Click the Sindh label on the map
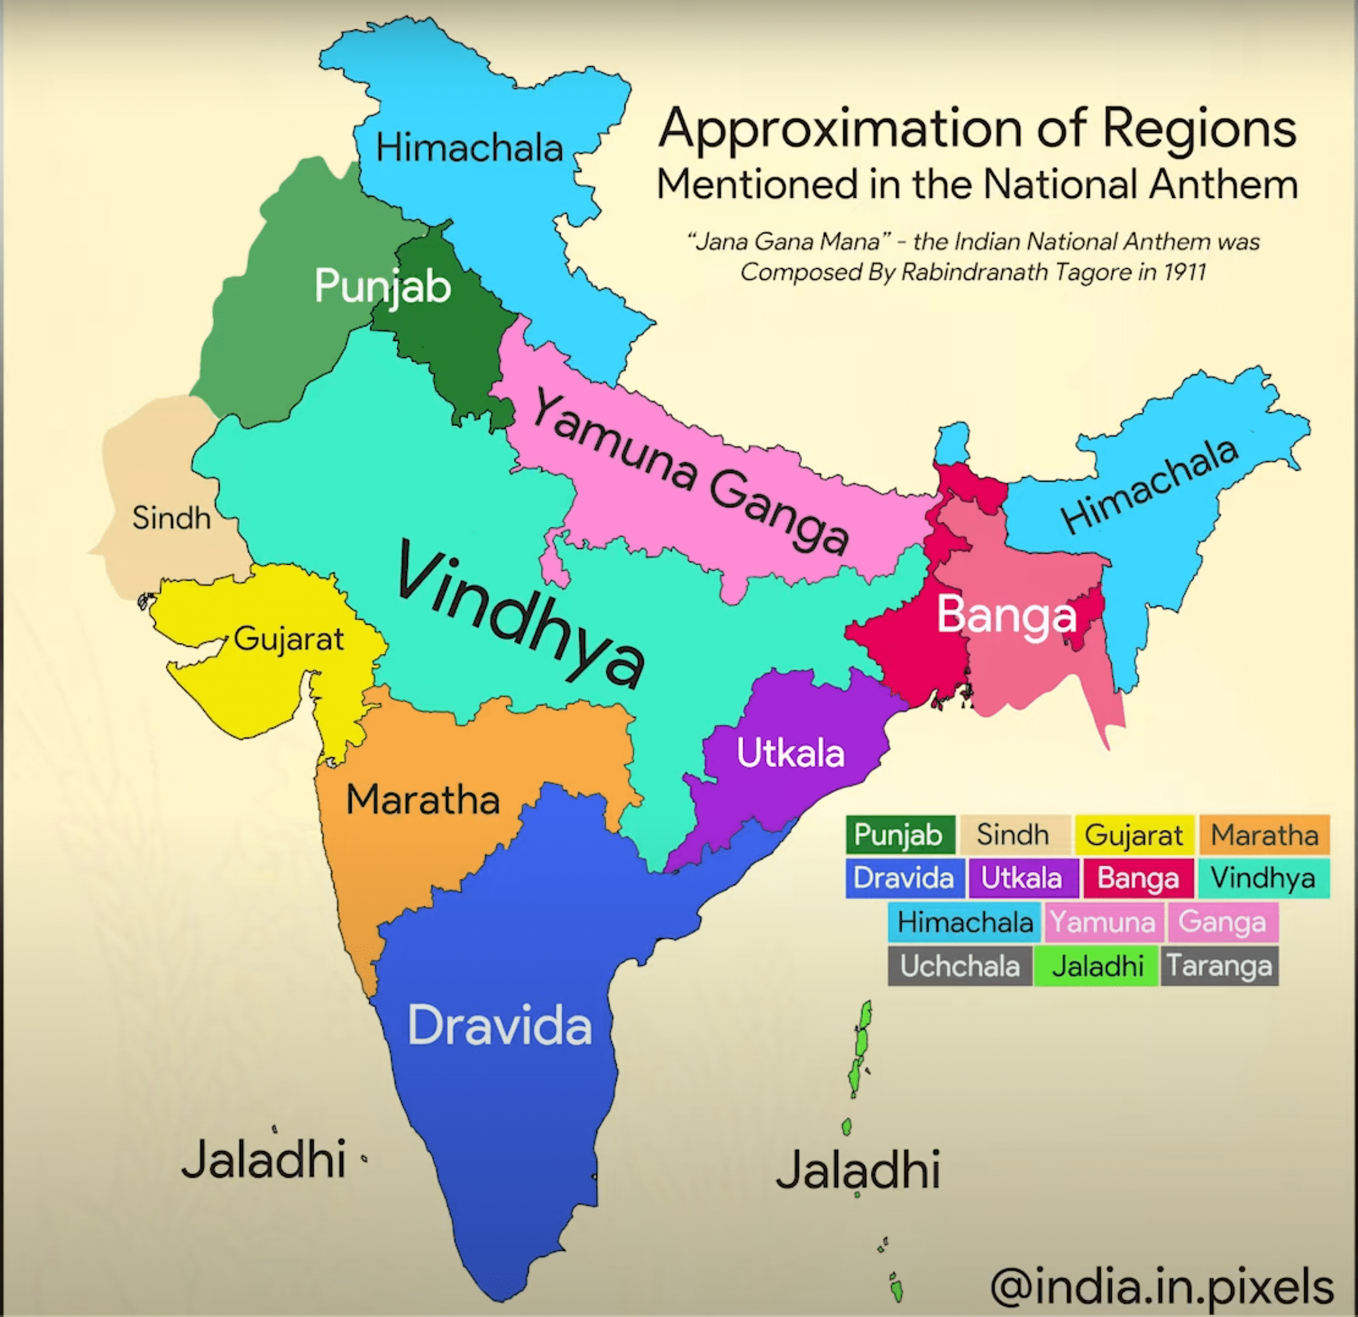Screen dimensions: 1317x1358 [x=171, y=518]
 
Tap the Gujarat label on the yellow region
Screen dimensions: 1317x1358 [x=288, y=639]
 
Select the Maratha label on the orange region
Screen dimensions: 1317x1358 [x=422, y=800]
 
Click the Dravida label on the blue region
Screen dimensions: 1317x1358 [x=500, y=1026]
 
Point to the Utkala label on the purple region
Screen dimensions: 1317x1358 [x=790, y=753]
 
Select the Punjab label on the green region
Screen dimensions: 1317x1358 [x=382, y=286]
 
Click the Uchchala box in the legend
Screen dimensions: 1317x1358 [x=960, y=966]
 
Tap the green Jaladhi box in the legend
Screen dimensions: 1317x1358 [x=1097, y=966]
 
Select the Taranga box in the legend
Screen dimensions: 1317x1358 [x=1219, y=966]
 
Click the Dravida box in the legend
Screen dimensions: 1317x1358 [x=904, y=878]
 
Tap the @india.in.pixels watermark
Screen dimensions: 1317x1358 [x=1162, y=1286]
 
